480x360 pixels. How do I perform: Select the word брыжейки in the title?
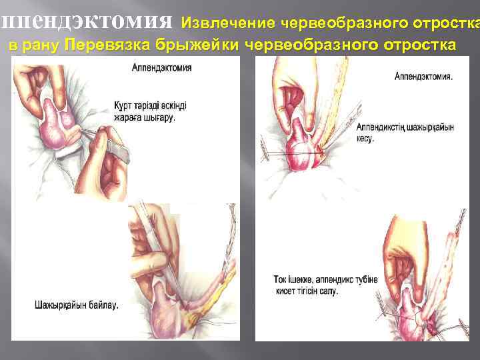tap(199, 45)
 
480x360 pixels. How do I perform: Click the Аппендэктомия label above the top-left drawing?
tap(162, 68)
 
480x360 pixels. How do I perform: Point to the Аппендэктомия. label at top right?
tap(423, 76)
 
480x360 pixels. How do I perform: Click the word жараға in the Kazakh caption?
tap(129, 117)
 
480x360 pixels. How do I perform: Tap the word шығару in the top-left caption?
tap(161, 117)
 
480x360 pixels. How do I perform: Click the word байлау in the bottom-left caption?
tap(102, 306)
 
